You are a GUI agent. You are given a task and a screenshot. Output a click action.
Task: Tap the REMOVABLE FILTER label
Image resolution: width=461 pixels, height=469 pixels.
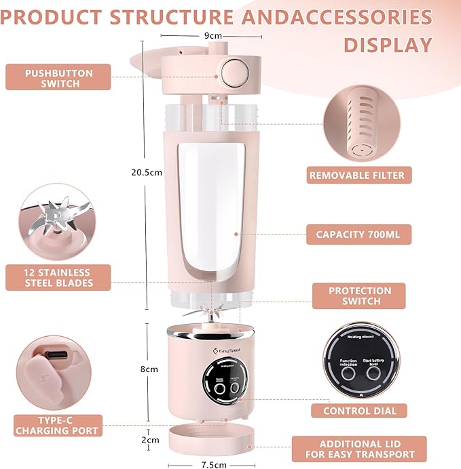(356, 176)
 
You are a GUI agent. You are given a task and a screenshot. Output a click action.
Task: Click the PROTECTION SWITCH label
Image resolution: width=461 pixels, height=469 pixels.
(359, 295)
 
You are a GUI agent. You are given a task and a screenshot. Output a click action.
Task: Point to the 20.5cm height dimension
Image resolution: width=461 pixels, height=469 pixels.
(147, 172)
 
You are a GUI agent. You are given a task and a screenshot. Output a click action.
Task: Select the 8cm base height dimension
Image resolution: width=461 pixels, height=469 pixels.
(149, 369)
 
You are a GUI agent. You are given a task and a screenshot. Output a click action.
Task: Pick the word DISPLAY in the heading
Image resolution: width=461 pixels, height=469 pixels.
(388, 45)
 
